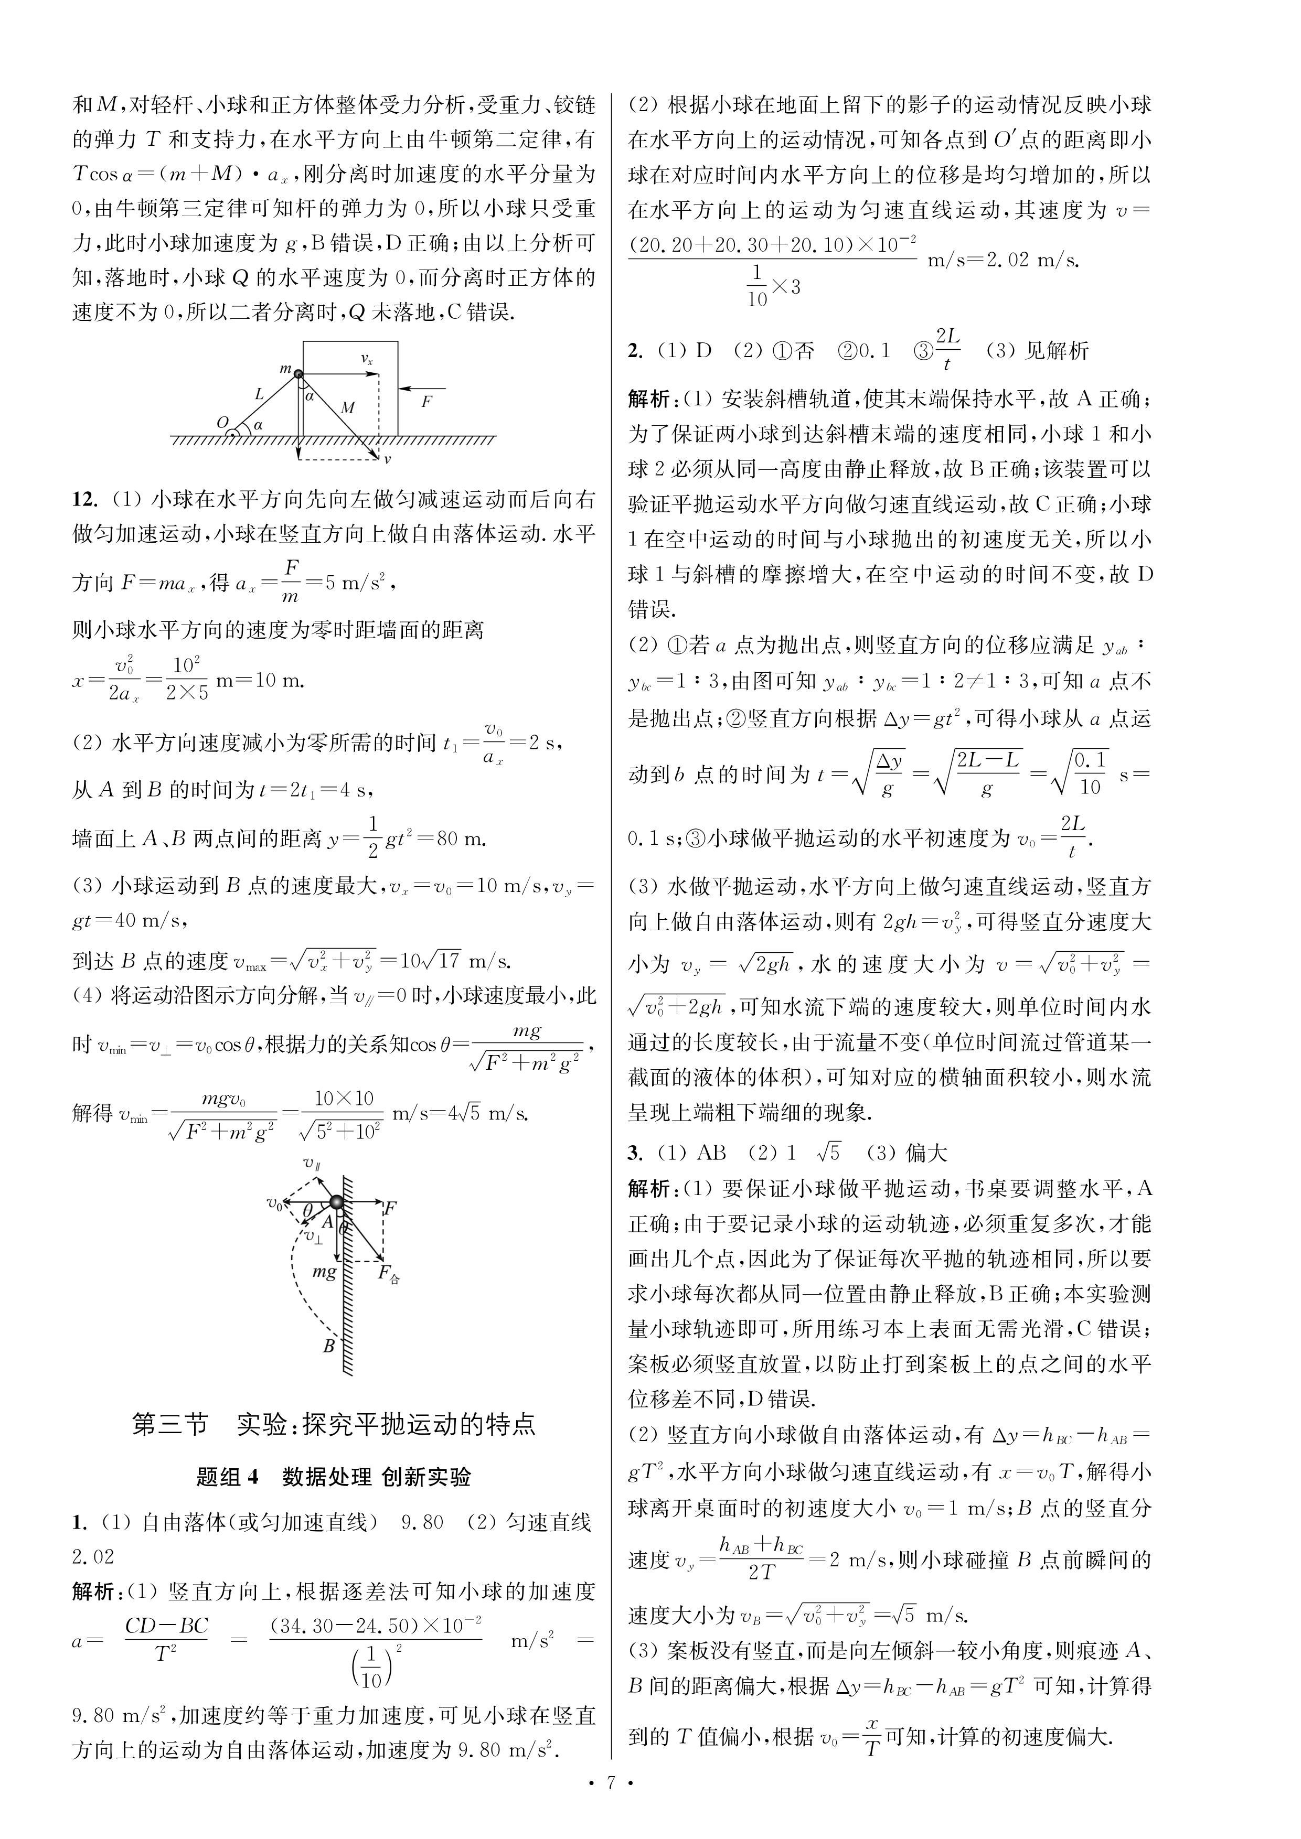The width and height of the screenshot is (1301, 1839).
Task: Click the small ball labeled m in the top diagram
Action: pyautogui.click(x=298, y=373)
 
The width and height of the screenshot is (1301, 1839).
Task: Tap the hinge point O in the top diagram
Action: pyautogui.click(x=223, y=422)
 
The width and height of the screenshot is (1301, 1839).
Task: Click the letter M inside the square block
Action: pyautogui.click(x=348, y=407)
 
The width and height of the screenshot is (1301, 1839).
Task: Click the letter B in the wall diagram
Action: pyautogui.click(x=328, y=1346)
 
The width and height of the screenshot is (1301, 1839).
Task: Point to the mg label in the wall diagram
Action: pyautogui.click(x=324, y=1271)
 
